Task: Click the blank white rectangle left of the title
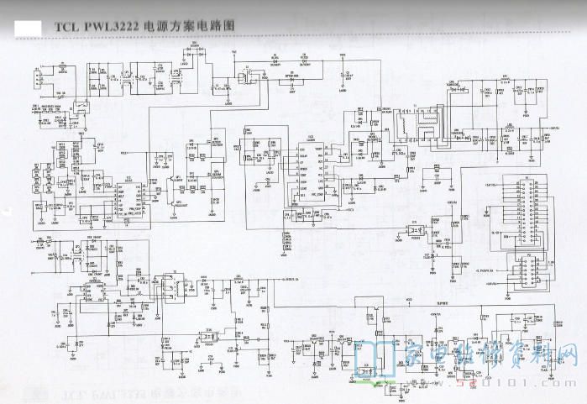[28, 28]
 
